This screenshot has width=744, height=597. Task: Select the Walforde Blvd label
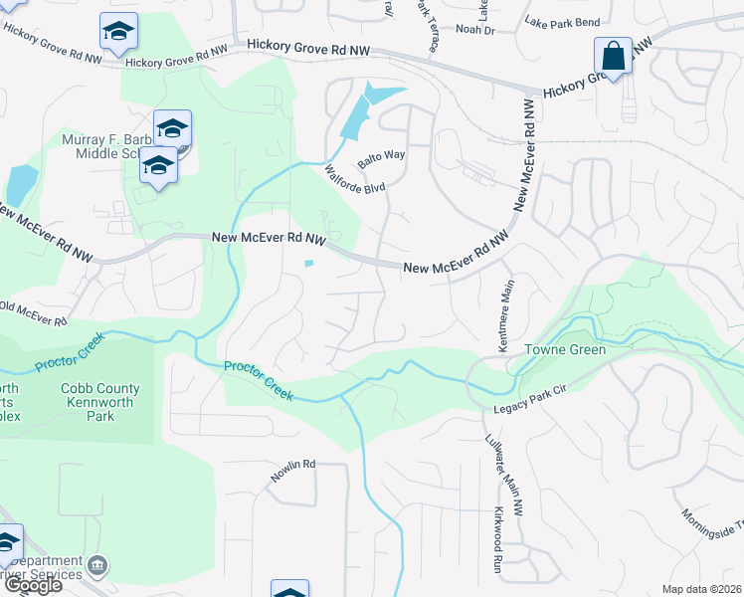click(x=355, y=178)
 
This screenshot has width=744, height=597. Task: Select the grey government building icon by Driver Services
click(x=97, y=566)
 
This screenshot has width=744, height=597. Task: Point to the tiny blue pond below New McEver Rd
click(x=309, y=264)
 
